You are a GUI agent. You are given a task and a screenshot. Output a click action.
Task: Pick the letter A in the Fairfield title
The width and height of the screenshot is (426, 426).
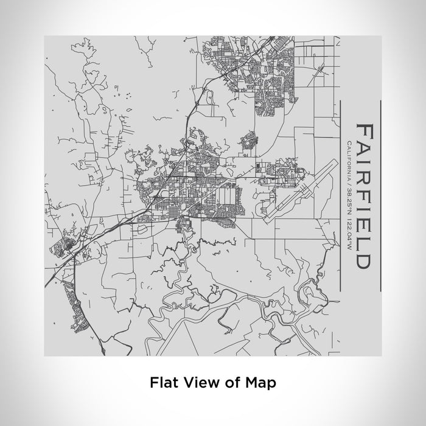[363, 150]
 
